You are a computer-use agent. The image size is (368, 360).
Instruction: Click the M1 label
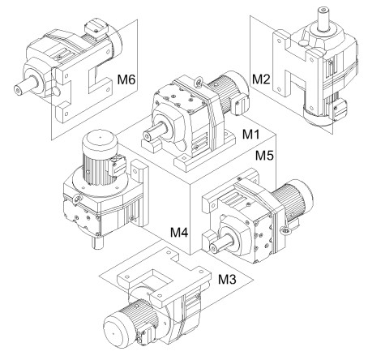250,134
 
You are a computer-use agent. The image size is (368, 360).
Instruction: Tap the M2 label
261,79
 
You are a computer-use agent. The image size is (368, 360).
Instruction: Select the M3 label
227,279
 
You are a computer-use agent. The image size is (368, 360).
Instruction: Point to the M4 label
179,232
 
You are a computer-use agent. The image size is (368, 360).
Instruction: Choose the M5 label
265,155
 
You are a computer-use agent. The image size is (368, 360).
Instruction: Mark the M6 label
126,79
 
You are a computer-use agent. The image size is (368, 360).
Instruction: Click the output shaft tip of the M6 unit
18,91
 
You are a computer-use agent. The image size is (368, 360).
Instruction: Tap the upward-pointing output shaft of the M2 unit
323,18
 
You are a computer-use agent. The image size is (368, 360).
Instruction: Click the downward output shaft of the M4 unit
97,242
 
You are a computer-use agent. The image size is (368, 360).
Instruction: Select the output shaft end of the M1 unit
148,135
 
